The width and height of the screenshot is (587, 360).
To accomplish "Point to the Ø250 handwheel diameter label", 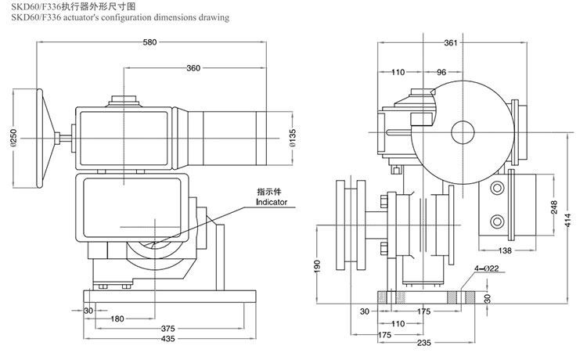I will coord(13,138).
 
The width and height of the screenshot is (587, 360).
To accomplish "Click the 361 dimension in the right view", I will coord(449,44).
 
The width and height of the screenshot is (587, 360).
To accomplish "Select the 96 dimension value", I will coord(441,72).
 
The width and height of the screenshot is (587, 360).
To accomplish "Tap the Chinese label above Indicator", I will coord(271,191).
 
